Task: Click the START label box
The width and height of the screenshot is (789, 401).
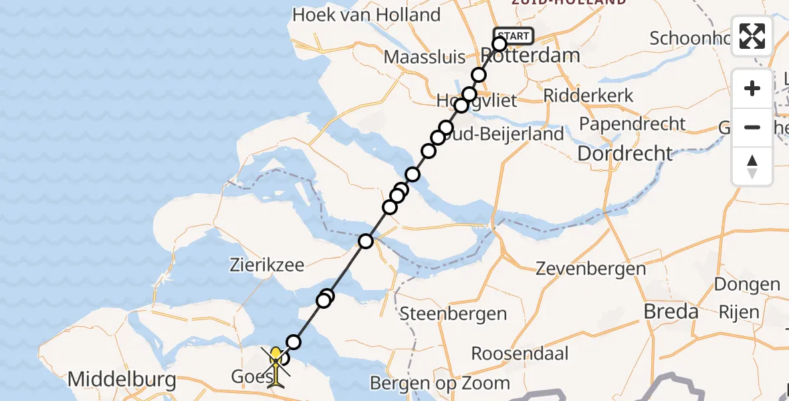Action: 514,35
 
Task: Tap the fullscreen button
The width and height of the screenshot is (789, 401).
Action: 752,36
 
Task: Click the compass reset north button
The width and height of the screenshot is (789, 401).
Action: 752,166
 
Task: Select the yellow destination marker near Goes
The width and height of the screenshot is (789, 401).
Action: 275,365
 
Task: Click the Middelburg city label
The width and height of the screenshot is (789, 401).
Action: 122,381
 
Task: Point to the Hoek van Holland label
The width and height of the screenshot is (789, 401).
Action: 366,15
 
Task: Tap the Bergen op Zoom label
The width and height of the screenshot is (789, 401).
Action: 439,384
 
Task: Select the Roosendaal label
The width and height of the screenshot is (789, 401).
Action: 520,353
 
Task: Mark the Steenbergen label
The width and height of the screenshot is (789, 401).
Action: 453,313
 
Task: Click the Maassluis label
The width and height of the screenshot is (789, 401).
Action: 428,57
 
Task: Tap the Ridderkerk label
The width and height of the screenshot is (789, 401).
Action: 588,96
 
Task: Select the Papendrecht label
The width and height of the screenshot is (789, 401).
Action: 632,124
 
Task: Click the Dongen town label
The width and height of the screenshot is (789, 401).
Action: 747,284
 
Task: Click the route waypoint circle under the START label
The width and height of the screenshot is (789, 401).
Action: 499,45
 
